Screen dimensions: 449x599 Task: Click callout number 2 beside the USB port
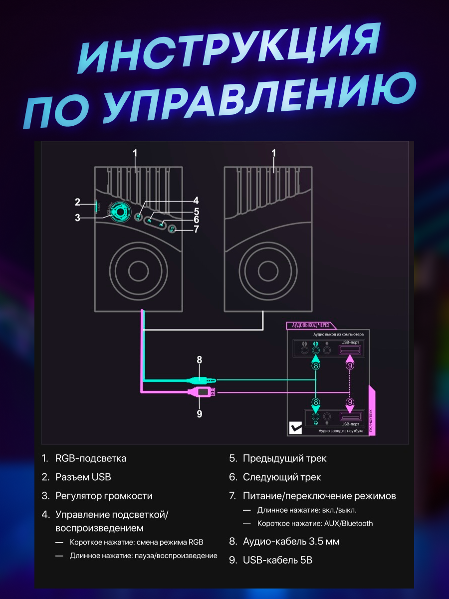77,202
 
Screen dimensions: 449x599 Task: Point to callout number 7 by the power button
196,229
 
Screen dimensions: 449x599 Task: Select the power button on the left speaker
172,229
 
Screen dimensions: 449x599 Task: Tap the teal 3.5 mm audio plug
200,380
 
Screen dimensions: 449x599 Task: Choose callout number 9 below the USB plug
200,414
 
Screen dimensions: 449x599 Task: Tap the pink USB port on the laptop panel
350,415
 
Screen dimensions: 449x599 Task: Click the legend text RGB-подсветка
91,458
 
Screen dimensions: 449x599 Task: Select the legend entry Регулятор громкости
104,496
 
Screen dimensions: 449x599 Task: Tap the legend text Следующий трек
281,477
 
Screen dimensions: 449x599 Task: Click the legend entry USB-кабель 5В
277,560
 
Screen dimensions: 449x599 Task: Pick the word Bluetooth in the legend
356,524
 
